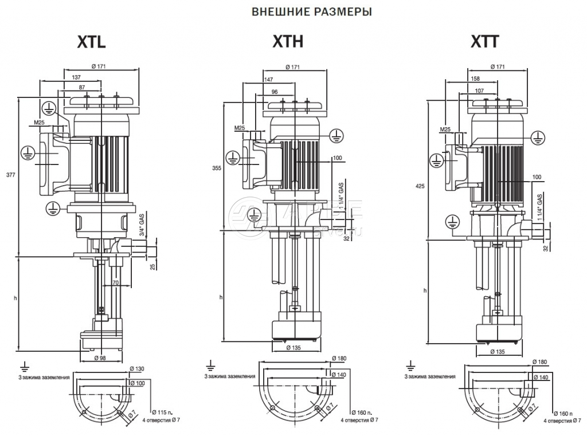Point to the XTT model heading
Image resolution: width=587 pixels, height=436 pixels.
(485, 42)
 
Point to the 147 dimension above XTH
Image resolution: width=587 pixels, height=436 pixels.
(268, 80)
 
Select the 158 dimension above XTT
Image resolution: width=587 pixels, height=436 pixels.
(474, 79)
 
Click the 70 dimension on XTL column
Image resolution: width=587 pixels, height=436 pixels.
(115, 282)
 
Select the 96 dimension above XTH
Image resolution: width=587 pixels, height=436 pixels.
(274, 92)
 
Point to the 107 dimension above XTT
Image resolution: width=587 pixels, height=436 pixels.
(479, 91)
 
